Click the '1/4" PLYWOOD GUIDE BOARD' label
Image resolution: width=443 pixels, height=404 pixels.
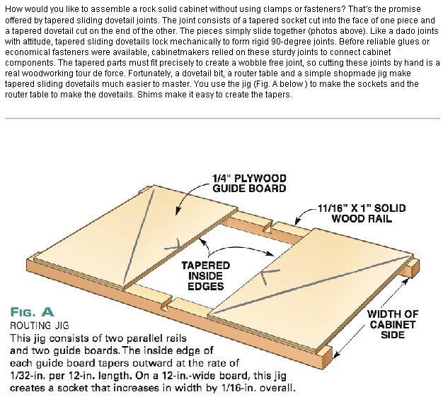249,183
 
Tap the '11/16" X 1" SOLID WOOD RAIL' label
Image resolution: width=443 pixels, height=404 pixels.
362,213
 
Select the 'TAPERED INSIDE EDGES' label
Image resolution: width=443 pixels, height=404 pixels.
206,275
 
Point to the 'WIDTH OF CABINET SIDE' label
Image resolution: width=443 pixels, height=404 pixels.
393,324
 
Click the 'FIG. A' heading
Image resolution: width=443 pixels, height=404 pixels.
32,312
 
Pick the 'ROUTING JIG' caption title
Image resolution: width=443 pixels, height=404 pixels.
39,326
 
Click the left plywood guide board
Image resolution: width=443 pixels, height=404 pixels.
136,237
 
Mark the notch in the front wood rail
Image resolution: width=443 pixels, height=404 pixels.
167,303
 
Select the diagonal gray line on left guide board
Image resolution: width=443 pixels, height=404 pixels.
139,237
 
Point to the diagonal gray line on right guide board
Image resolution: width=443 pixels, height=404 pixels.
310,285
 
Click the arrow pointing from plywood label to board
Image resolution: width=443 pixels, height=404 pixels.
185,194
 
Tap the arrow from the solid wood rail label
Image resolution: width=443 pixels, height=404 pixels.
304,214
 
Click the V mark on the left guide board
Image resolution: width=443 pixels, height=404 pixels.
173,245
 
